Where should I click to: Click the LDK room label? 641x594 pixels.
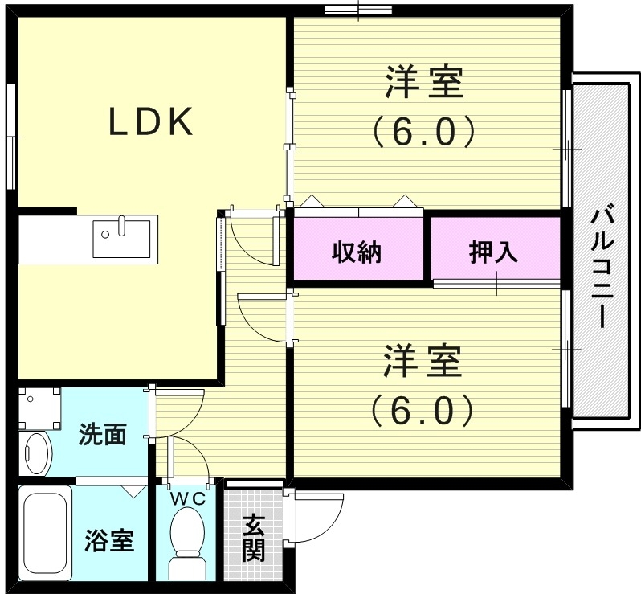tap(151, 122)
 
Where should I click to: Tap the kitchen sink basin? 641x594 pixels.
tap(121, 238)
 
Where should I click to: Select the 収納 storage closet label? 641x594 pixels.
tap(357, 252)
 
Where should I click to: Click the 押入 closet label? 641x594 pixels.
tap(493, 252)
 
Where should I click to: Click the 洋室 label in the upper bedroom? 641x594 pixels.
tap(424, 84)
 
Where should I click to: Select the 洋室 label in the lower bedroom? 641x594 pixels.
tap(423, 362)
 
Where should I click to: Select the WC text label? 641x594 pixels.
tap(190, 498)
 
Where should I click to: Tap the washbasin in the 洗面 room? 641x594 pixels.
tap(35, 453)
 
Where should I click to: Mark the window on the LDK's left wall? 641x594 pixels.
tap(12, 136)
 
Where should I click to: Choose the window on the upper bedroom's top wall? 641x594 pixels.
tap(357, 10)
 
